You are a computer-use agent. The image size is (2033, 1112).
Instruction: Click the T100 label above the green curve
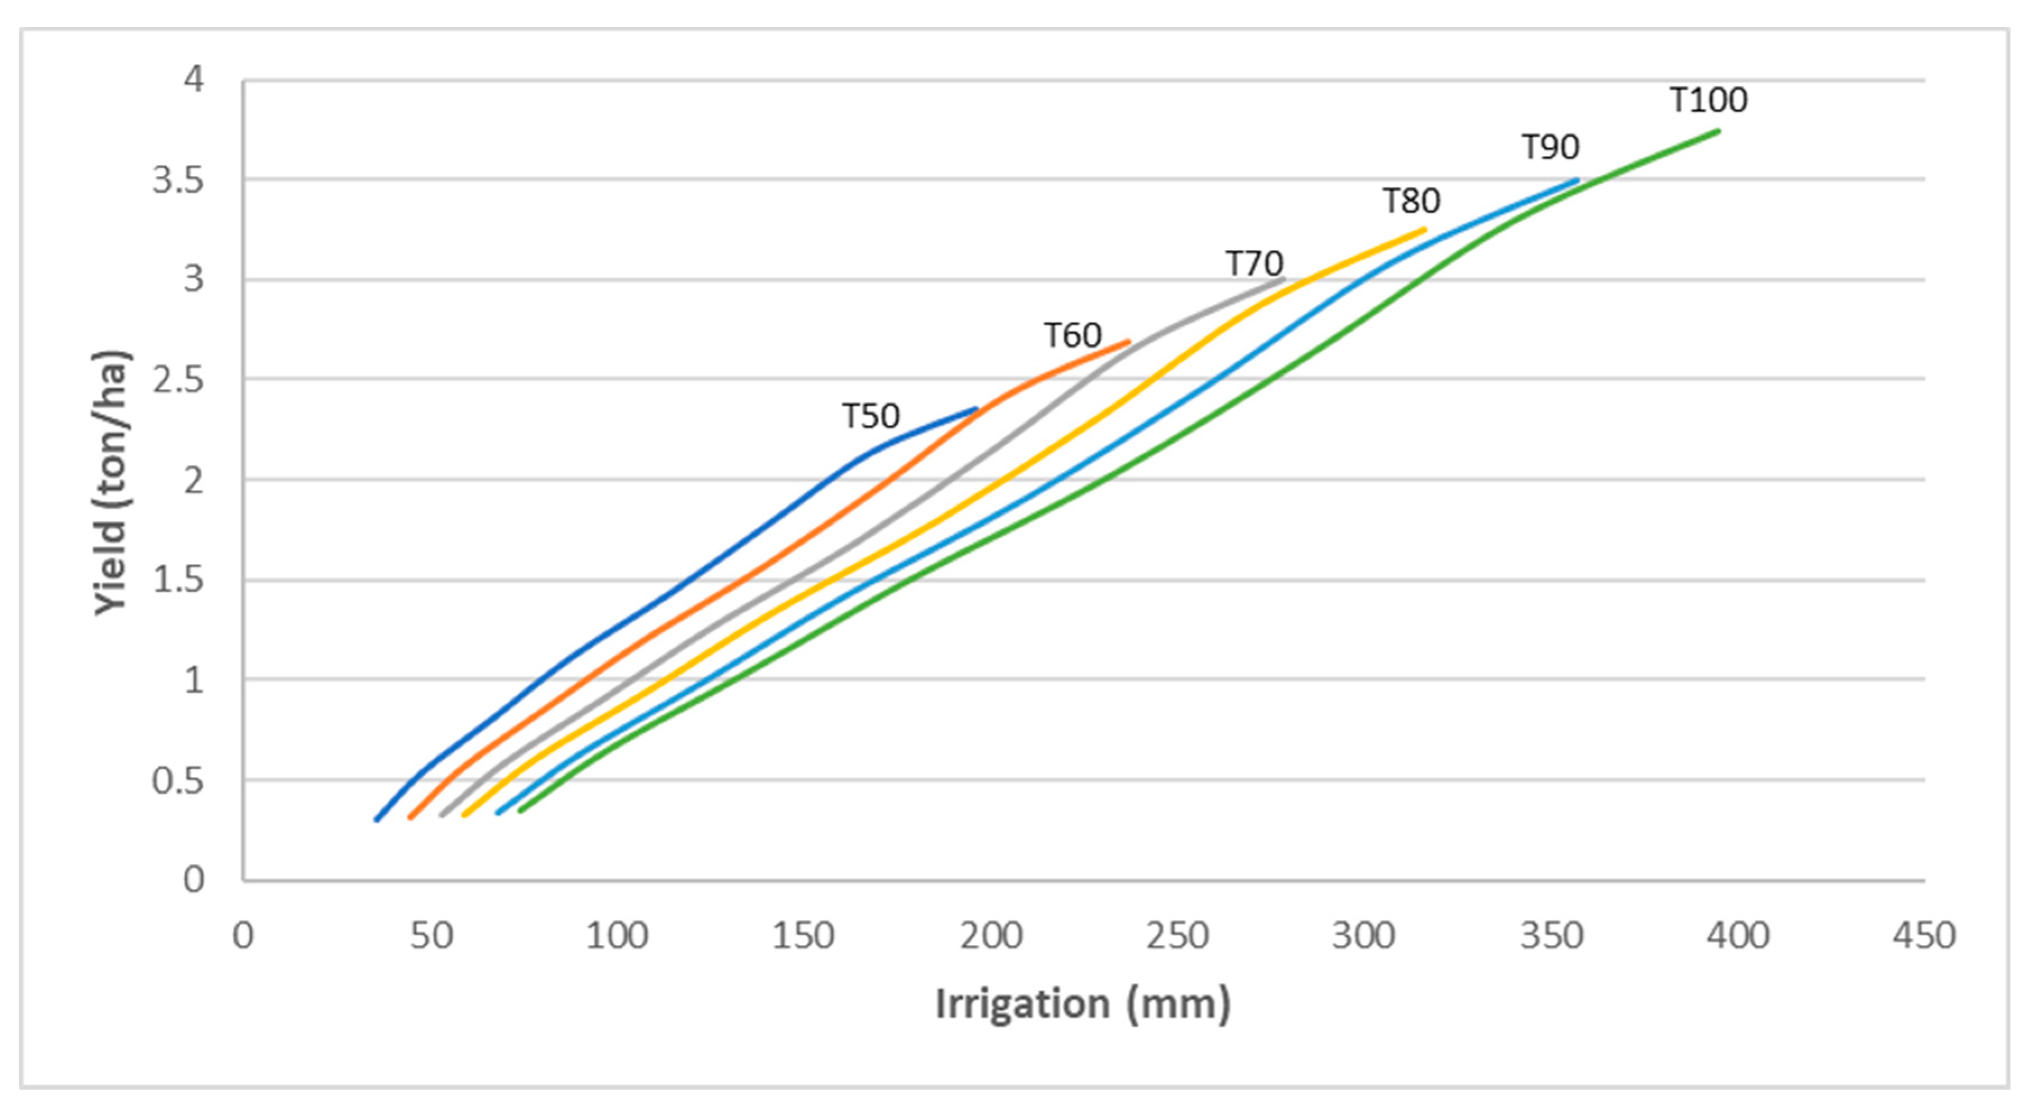coord(1708,100)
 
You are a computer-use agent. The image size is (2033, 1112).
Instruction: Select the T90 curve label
coord(1550,147)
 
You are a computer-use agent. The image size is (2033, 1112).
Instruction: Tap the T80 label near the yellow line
coord(1411,201)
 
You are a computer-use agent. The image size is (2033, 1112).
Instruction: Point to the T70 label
coord(1254,263)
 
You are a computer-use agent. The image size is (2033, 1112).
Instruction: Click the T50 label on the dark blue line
coord(870,416)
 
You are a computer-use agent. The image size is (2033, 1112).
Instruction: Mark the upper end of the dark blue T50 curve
coord(976,409)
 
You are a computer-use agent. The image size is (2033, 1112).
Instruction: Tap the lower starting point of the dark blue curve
coord(377,819)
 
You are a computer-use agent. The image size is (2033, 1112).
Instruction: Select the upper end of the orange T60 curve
coord(1128,342)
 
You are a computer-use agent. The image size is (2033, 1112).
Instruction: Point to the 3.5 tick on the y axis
coord(178,180)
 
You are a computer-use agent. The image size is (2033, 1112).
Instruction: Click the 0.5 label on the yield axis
coord(178,781)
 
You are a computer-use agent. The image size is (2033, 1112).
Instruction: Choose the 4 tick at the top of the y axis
coord(193,79)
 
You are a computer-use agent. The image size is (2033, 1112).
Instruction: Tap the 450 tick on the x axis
coord(1924,936)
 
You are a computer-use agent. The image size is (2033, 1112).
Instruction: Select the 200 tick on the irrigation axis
coord(991,936)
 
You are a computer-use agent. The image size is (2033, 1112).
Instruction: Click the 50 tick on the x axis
coord(431,936)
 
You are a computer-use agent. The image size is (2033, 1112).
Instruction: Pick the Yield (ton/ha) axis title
coord(110,481)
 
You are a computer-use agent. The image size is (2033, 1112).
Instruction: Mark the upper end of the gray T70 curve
coord(1284,279)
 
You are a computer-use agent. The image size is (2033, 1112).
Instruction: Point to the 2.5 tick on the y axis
coord(178,381)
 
